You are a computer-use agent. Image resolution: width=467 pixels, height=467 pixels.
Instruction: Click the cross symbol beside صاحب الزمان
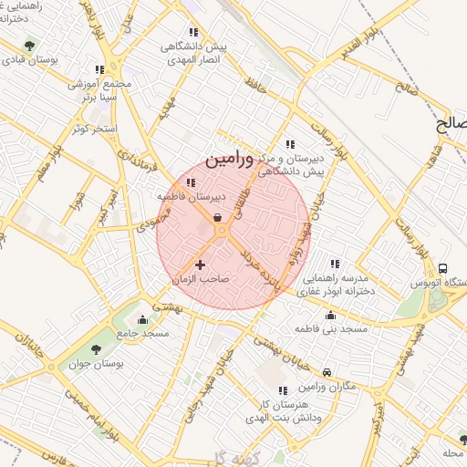point(201,265)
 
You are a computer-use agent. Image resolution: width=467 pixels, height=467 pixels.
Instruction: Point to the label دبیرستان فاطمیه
point(184,196)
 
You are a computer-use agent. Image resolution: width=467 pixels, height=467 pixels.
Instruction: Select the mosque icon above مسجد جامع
point(141,320)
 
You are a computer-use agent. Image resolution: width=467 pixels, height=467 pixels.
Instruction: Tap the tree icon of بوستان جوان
point(98,350)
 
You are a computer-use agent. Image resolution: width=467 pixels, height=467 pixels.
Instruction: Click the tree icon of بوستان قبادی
point(30,45)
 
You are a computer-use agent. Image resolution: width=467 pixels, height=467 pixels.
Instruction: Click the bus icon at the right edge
point(442,269)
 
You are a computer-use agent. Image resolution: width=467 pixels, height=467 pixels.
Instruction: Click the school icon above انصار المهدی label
point(192,31)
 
